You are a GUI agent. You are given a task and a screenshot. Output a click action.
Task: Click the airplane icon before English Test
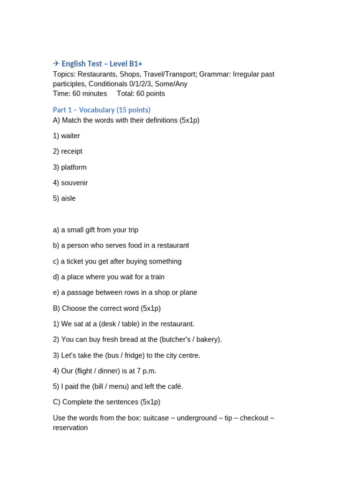[x=56, y=64]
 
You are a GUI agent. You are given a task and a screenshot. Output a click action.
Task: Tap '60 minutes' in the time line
[x=90, y=94]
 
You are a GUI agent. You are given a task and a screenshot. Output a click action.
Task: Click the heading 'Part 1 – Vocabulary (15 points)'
[x=102, y=110]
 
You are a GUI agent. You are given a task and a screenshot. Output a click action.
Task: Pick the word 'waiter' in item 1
[x=70, y=136]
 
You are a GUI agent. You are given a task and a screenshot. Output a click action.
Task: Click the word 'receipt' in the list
[x=72, y=151]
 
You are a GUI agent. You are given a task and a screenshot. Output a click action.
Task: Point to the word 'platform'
[x=74, y=167]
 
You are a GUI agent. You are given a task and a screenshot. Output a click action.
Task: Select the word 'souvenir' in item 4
[x=75, y=183]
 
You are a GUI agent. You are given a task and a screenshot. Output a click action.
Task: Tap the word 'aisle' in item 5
[x=68, y=198]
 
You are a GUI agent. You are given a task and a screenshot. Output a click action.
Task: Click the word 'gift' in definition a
[x=100, y=230]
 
